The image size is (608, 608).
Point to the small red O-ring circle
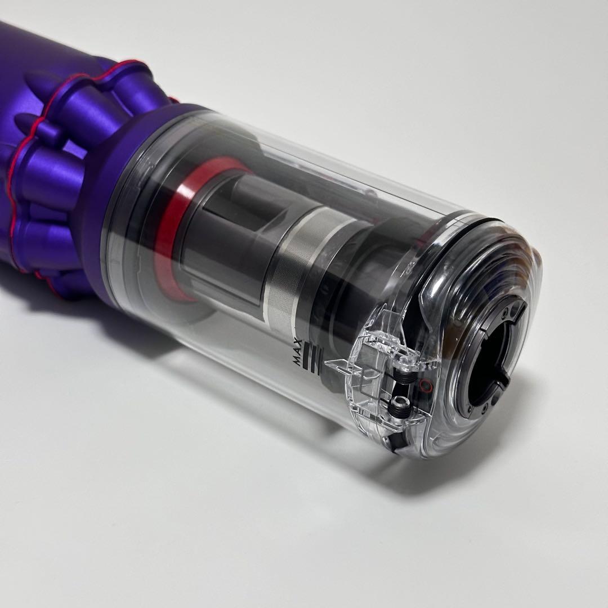[423, 386]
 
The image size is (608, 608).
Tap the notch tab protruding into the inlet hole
[502, 380]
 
